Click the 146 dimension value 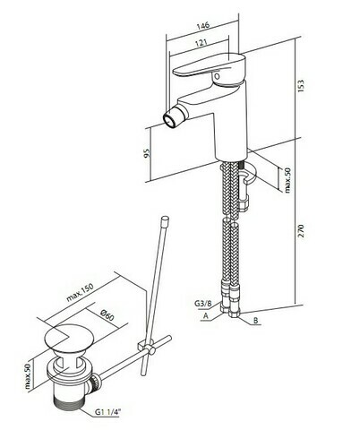tap(203, 25)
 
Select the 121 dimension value tap(201, 43)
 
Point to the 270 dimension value tap(301, 231)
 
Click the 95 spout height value tap(146, 153)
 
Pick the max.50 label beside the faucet tap(287, 180)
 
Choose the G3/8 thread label tap(203, 304)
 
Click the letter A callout tap(205, 315)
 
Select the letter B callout tap(255, 321)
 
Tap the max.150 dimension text tap(80, 292)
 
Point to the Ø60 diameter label tap(107, 314)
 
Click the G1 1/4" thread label tap(107, 412)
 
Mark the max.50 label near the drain tap(28, 376)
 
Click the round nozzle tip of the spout tap(169, 119)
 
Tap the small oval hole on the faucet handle tap(218, 76)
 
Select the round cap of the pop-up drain tap(67, 338)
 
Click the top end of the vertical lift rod tap(165, 219)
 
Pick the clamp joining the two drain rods tap(146, 348)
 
